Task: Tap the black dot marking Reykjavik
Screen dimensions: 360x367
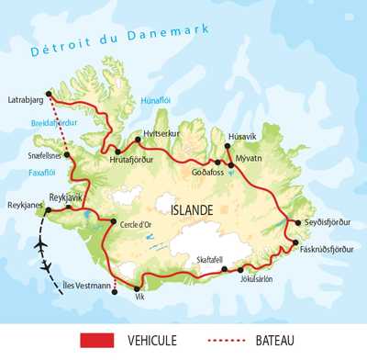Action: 69,208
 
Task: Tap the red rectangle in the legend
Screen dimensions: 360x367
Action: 102,342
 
